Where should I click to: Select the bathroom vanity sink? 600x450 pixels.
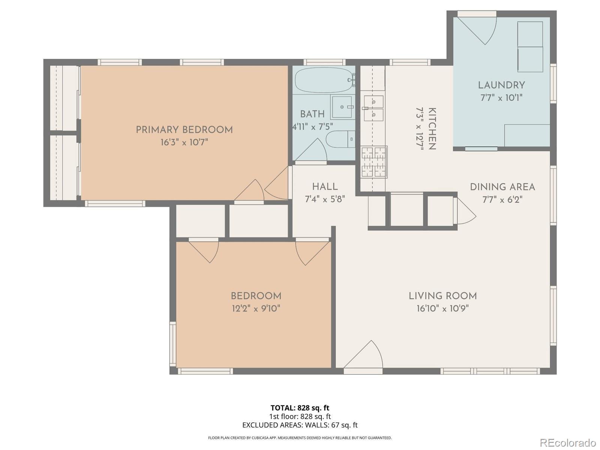pos(342,107)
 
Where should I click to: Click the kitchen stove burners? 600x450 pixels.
pos(374,162)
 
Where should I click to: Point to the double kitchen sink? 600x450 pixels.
pos(373,108)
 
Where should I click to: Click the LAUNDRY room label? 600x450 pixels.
pos(501,85)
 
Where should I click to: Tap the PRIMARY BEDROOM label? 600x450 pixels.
pos(184,130)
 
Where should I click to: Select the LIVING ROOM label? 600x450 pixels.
pos(442,296)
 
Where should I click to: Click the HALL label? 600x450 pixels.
pos(325,187)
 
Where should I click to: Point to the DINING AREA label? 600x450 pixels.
pos(502,187)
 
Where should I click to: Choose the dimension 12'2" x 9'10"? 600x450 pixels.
pos(256,309)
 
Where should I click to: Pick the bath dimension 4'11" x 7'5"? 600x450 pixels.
pos(313,127)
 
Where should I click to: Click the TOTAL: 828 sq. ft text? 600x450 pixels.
pos(300,408)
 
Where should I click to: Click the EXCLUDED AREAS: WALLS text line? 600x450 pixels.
pos(300,425)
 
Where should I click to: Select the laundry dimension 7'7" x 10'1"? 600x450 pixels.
pos(501,98)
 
